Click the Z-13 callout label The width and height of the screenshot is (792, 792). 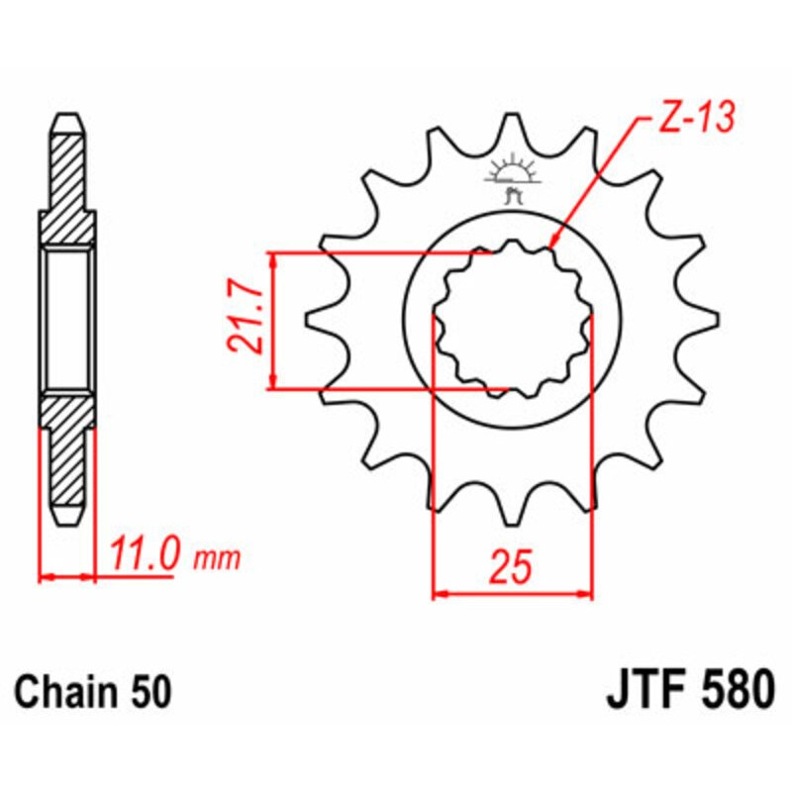694,119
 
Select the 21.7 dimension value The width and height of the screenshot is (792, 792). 244,320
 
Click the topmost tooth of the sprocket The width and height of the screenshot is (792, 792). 512,129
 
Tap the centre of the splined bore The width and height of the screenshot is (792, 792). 513,319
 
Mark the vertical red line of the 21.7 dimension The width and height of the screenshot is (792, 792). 272,320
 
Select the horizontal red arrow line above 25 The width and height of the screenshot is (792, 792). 513,595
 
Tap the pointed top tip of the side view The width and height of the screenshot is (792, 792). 68,115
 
